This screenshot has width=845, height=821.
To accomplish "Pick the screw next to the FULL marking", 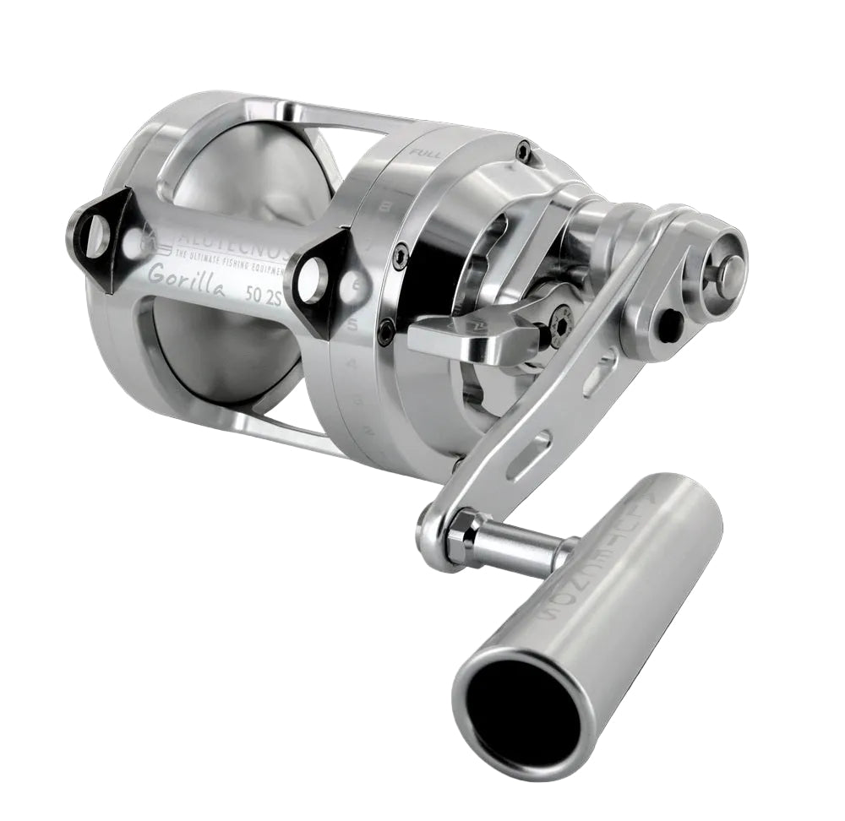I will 524,151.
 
